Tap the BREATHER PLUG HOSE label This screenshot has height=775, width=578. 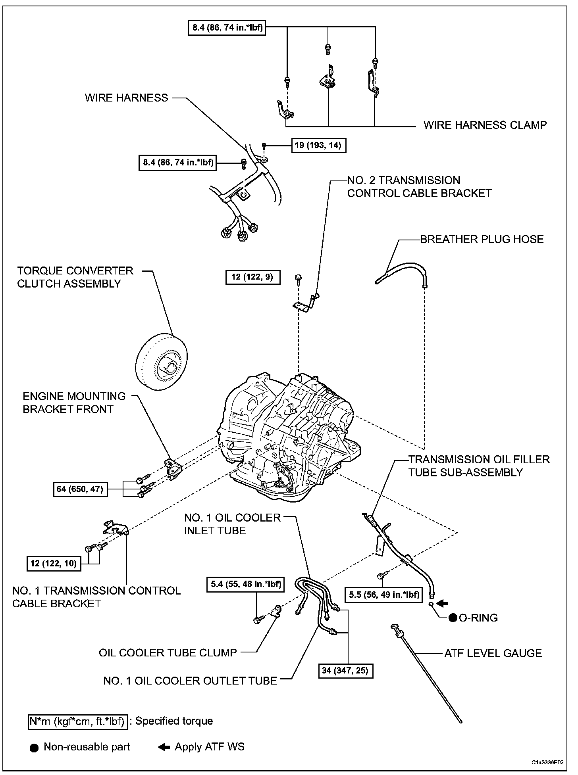(x=482, y=239)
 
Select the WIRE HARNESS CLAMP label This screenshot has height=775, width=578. (x=485, y=125)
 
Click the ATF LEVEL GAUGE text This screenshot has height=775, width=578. (x=493, y=653)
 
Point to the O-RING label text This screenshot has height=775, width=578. (x=478, y=618)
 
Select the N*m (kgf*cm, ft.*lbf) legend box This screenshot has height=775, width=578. (x=78, y=721)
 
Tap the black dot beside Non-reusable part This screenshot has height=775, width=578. (x=35, y=748)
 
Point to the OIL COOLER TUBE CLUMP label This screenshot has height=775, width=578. (x=168, y=652)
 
